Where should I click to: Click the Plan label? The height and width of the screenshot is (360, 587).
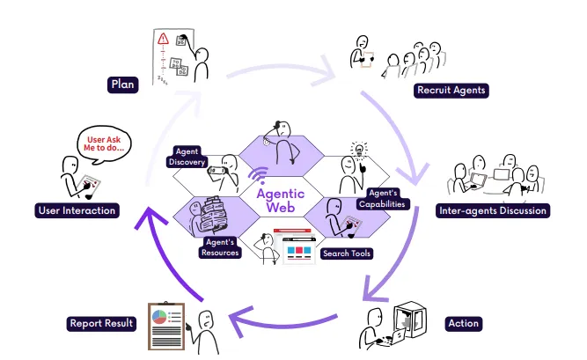coord(121,84)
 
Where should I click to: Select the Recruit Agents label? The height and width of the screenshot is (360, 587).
coord(451,90)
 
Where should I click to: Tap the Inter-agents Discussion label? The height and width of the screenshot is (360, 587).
coord(493,210)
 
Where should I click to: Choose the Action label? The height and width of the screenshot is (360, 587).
coord(463,323)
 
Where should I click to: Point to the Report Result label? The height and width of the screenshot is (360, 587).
coord(101,323)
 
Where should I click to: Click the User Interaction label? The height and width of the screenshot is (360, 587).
coord(77,210)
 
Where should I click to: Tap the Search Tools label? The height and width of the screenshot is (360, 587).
coord(348,253)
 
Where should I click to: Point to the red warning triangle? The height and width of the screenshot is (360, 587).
coord(163,39)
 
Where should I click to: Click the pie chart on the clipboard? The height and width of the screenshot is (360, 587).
coord(158,314)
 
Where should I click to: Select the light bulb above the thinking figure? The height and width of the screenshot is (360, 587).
coord(357,149)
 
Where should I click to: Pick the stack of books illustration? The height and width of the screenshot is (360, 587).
coord(212,217)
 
